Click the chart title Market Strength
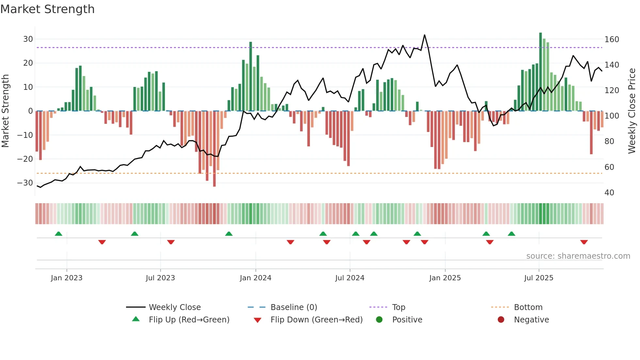click(x=47, y=9)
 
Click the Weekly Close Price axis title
click(x=632, y=111)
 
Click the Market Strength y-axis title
click(x=5, y=111)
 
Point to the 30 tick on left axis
click(x=28, y=39)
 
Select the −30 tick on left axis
click(x=25, y=183)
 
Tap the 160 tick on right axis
click(x=612, y=40)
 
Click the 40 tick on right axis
click(x=609, y=193)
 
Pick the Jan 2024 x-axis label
click(x=255, y=278)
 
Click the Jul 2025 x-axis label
click(x=538, y=278)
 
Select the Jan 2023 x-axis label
click(x=67, y=278)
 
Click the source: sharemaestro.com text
click(x=578, y=256)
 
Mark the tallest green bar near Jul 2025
click(x=540, y=72)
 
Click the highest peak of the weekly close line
click(x=424, y=35)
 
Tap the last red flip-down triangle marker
click(x=584, y=242)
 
